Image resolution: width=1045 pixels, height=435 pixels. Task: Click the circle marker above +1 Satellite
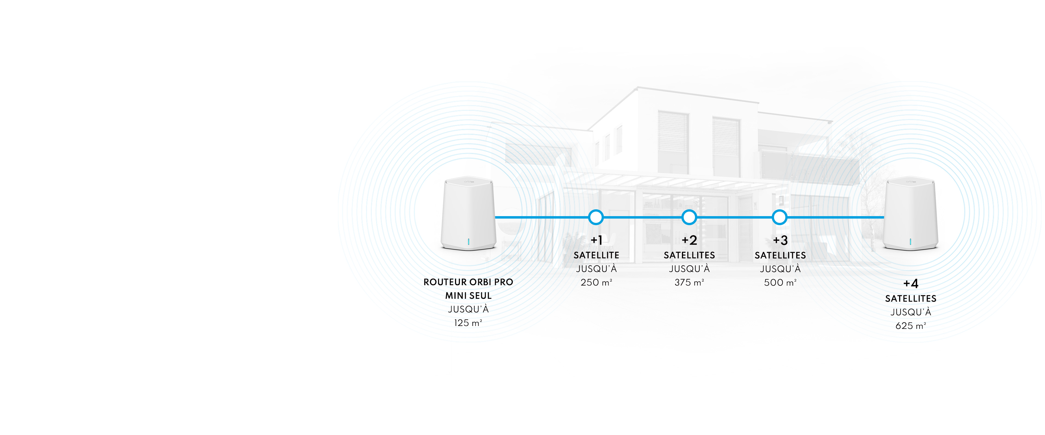(x=595, y=217)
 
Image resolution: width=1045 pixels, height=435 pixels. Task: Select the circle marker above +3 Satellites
(x=779, y=217)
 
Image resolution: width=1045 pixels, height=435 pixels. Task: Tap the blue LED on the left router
(x=469, y=242)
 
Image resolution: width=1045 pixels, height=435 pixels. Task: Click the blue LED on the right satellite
(x=910, y=242)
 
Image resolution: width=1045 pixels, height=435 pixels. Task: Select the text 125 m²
(x=468, y=323)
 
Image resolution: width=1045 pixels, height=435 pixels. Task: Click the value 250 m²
(x=596, y=282)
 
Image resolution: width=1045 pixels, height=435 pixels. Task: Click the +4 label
(x=911, y=283)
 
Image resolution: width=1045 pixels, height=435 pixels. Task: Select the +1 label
(x=596, y=240)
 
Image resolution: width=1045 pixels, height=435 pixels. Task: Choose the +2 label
(x=689, y=240)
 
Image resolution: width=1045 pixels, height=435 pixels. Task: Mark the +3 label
(x=780, y=240)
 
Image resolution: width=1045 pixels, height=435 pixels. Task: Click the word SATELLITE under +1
(x=596, y=255)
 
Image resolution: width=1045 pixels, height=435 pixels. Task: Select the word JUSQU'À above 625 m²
(x=911, y=312)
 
